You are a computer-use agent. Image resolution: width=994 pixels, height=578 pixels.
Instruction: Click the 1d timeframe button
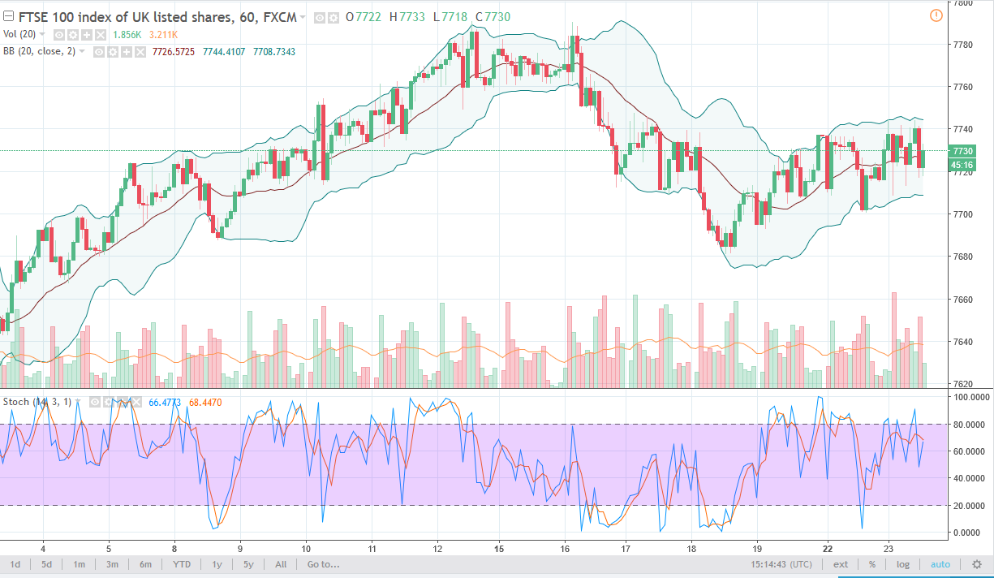click(x=15, y=564)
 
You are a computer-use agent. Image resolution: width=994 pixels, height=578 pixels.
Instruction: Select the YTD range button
click(x=182, y=564)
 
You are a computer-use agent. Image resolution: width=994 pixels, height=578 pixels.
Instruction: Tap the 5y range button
click(x=248, y=564)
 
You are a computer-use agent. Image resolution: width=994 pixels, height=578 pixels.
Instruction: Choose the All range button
click(x=281, y=564)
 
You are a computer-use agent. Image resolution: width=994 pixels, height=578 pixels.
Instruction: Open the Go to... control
click(x=323, y=564)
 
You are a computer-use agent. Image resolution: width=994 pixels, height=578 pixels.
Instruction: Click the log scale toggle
click(x=903, y=564)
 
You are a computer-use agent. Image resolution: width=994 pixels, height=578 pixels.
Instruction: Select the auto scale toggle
click(x=940, y=564)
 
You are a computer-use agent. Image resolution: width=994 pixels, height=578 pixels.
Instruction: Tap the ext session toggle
click(x=841, y=564)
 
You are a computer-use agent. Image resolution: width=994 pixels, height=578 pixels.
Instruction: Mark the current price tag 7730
click(x=962, y=151)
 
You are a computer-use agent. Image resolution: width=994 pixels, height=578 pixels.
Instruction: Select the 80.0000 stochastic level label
click(x=970, y=424)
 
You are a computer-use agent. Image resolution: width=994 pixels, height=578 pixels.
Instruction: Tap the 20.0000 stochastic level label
click(x=970, y=505)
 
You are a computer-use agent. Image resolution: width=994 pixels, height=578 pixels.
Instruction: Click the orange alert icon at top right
click(x=936, y=15)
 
